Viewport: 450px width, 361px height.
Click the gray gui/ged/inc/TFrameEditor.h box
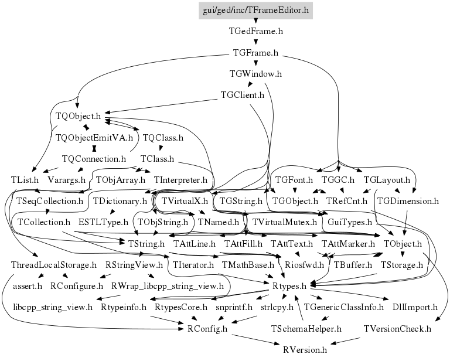pos(255,11)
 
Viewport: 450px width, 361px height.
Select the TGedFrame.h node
pos(255,31)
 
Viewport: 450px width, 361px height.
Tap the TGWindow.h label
pos(255,74)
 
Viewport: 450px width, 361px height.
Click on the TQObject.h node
pos(78,116)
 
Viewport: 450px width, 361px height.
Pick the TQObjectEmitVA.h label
pos(94,138)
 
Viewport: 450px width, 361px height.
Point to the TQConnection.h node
pos(94,159)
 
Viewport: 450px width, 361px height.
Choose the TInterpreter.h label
pos(180,180)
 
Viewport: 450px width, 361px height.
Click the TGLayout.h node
pos(387,180)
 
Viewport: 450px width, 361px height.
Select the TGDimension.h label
pos(408,201)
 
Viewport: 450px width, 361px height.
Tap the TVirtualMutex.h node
pos(284,222)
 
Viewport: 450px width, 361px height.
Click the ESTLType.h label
pos(103,222)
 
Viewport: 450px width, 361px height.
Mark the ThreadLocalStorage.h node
pos(54,265)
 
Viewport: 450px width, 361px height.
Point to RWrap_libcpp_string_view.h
pos(168,286)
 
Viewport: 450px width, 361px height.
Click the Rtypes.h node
pos(289,286)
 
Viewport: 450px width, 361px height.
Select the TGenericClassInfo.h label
pos(343,307)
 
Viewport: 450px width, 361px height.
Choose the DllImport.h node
pos(415,307)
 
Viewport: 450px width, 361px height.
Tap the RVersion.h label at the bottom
pos(305,350)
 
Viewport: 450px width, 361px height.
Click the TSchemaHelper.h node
pos(306,329)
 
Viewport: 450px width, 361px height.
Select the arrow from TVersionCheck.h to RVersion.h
pos(345,341)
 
